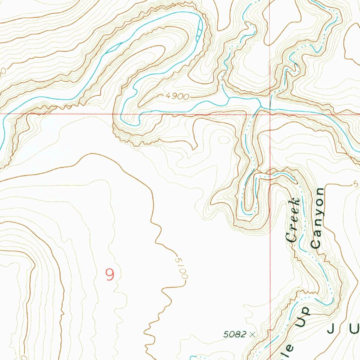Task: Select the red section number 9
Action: click(x=110, y=275)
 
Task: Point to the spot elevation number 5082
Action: click(x=235, y=335)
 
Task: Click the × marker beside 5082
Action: click(x=252, y=335)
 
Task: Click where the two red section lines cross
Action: click(x=270, y=114)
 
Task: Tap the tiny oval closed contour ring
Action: click(x=224, y=140)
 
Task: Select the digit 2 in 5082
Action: click(x=244, y=335)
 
